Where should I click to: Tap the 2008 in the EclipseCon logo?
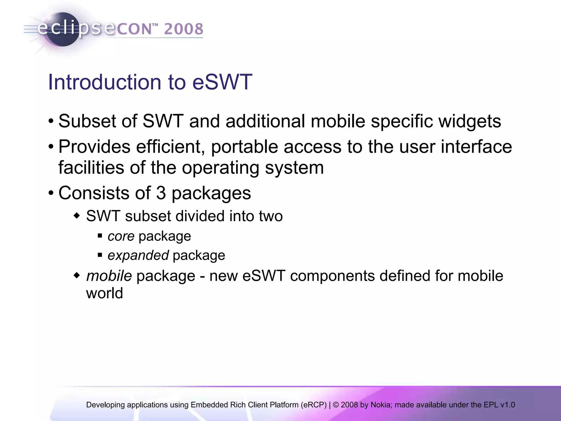(x=184, y=29)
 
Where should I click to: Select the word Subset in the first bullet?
(x=87, y=121)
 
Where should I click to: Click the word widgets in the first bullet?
(x=470, y=121)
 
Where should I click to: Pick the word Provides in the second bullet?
(x=94, y=147)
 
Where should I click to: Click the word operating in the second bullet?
(x=220, y=168)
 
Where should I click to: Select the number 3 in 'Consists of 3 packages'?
(x=161, y=193)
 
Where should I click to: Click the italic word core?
(x=121, y=236)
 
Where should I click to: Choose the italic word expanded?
(x=138, y=255)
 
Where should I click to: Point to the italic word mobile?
(x=109, y=276)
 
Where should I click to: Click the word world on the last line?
(x=104, y=293)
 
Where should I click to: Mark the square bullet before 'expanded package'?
(x=100, y=255)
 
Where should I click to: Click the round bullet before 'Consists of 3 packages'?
(x=51, y=193)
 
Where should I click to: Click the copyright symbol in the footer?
(x=336, y=405)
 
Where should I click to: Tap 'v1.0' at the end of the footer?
(x=508, y=405)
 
